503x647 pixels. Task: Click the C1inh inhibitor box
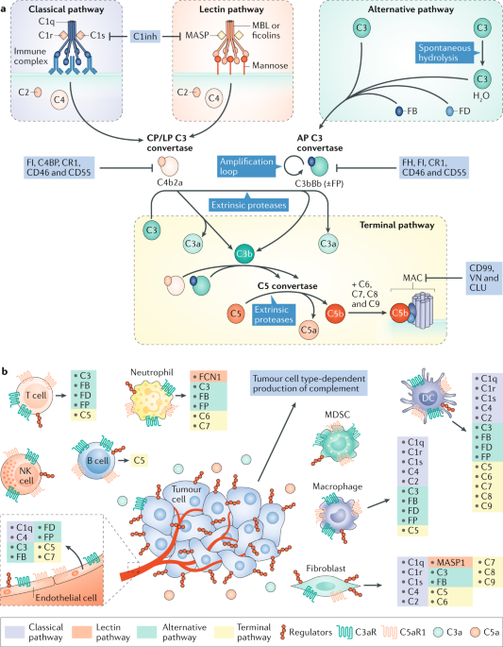145,36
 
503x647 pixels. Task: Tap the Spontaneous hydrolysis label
444,53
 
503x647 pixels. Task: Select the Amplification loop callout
246,166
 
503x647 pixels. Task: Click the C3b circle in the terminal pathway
243,254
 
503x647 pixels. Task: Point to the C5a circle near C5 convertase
309,330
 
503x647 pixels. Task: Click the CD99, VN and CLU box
483,278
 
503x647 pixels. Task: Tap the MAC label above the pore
413,278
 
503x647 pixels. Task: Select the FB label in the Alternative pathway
411,111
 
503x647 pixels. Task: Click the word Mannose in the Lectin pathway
270,65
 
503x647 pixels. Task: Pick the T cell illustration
36,396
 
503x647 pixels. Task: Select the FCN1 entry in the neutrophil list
209,376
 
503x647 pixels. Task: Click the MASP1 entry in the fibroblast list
450,562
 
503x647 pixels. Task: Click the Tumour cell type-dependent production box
309,383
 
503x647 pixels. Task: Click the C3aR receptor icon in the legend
345,632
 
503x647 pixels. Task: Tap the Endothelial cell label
66,597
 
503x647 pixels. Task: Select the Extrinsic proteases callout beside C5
274,315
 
